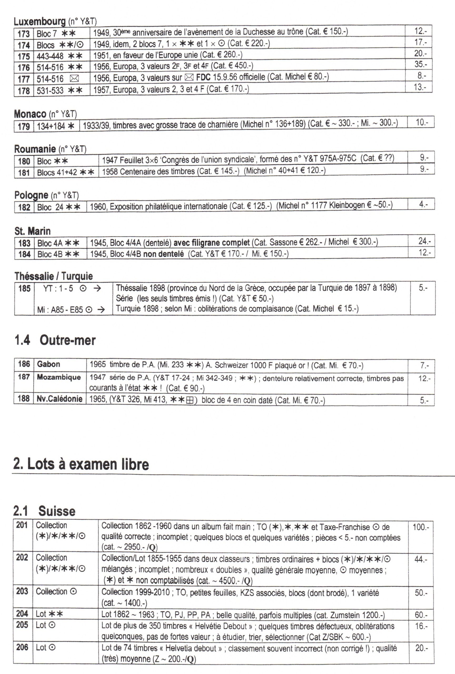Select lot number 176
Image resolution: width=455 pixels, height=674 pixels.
[24, 68]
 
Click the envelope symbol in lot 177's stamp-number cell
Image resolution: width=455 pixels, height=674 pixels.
[75, 79]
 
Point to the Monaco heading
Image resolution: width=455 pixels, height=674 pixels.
[30, 114]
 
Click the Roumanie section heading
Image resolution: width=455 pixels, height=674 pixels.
[35, 149]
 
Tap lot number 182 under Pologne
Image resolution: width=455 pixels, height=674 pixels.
[24, 207]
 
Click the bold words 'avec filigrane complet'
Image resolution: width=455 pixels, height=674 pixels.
[211, 242]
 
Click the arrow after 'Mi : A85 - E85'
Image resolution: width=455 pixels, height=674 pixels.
[101, 310]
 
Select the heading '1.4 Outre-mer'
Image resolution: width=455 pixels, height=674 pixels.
[55, 340]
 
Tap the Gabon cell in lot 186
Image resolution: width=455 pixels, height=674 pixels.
[48, 364]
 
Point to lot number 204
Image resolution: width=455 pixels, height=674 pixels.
[22, 614]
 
